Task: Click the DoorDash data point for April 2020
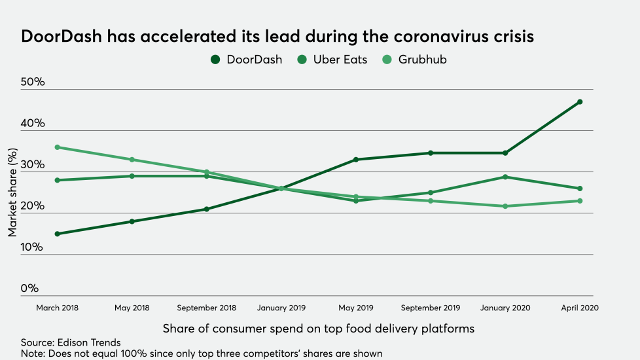580,102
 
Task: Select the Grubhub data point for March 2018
58,147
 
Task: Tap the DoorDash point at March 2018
58,234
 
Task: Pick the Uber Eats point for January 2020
505,177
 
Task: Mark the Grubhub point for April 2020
580,201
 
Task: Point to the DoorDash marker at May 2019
356,160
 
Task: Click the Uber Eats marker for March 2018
58,180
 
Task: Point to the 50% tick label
33,82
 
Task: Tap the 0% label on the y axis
29,289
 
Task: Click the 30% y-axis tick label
33,165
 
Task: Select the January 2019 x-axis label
281,308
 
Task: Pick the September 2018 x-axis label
207,308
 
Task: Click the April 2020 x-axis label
579,308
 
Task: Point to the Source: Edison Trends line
71,342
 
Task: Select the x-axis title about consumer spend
318,327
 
